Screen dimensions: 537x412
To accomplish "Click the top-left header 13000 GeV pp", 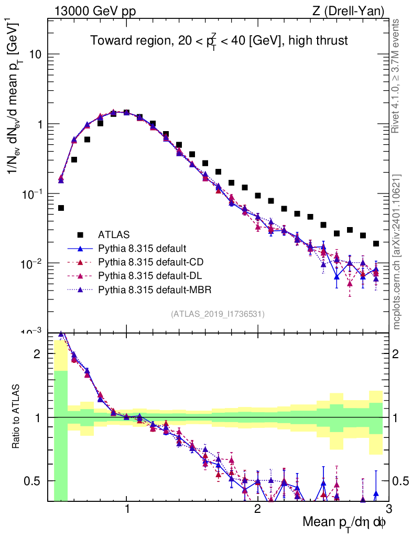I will (95, 10).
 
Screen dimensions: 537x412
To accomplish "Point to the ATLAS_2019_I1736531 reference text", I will (218, 314).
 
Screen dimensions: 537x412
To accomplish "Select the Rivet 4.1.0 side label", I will (398, 77).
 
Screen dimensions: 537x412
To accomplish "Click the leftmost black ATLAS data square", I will (61, 208).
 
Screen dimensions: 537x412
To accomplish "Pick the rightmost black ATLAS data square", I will (376, 243).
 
